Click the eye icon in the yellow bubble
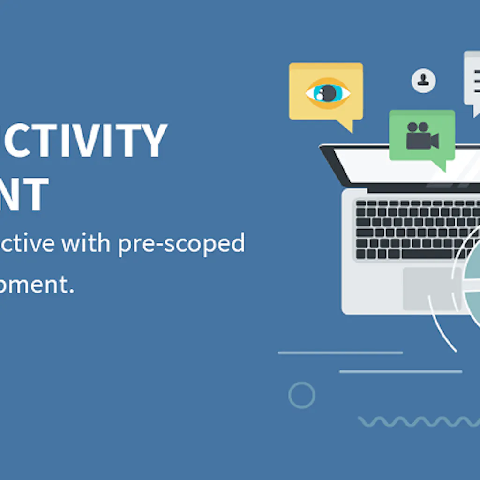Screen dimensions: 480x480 click(328, 93)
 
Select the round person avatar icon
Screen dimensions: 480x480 click(423, 81)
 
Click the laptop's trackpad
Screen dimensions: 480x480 click(429, 289)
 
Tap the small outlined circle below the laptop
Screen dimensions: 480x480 click(301, 395)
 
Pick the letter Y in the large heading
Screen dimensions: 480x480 click(150, 140)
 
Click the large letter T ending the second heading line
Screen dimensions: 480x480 click(37, 194)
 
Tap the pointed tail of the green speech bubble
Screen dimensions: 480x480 click(439, 165)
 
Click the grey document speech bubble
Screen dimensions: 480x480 click(472, 80)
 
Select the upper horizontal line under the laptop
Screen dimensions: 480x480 click(340, 352)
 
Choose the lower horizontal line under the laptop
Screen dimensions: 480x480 click(400, 372)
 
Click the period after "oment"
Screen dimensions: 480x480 click(71, 291)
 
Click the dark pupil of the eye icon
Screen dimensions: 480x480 click(329, 93)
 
